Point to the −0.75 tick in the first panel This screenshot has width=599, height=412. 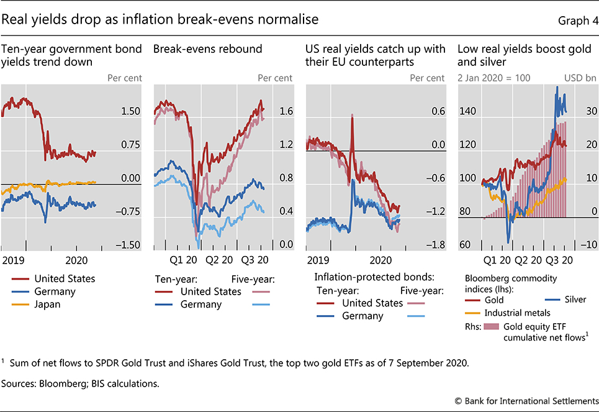(x=129, y=212)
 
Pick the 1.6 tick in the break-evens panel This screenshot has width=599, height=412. (x=286, y=112)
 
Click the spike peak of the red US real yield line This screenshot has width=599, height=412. (x=352, y=115)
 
